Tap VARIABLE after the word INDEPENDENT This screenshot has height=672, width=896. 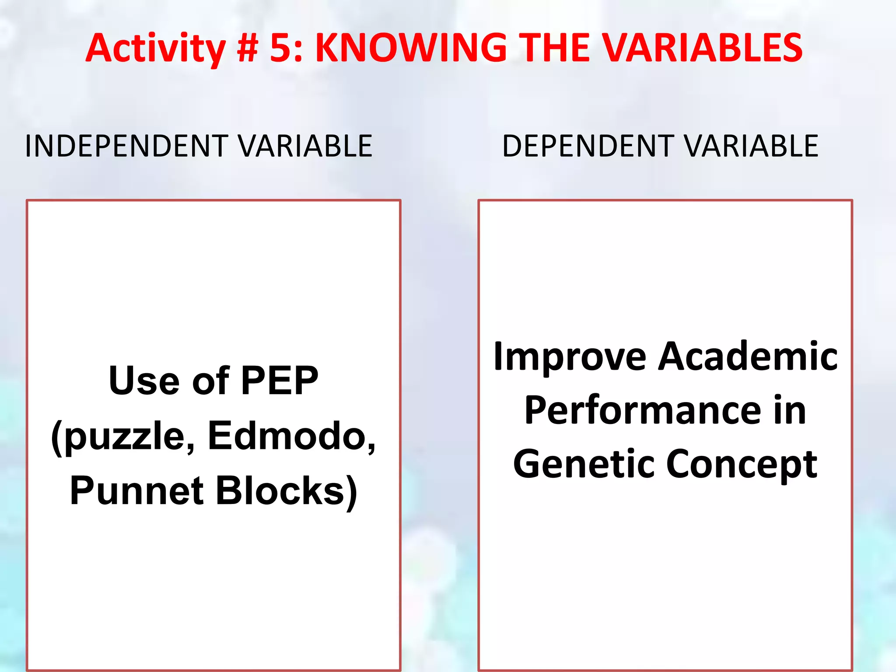(305, 146)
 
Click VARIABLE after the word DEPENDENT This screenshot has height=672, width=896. (751, 146)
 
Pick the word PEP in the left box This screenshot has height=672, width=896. (280, 381)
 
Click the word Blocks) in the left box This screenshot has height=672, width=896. (287, 491)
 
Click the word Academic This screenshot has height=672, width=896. (748, 357)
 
